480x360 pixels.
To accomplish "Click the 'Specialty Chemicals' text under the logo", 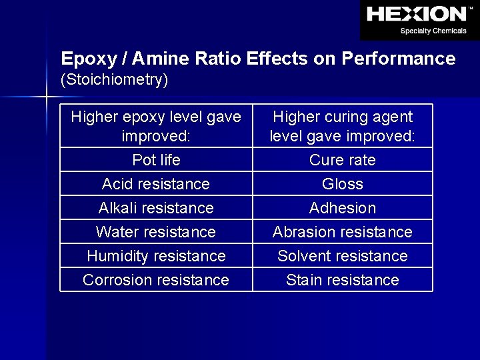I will (x=433, y=31).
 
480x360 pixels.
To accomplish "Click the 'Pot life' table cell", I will (x=156, y=160).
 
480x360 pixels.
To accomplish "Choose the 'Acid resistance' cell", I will (x=156, y=184).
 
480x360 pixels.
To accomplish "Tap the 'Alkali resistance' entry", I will (x=156, y=208).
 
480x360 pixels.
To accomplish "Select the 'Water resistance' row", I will (x=156, y=232).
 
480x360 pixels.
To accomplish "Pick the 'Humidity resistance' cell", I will (x=156, y=256).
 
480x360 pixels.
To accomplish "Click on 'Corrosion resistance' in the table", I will (x=156, y=280).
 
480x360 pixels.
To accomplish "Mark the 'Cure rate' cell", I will (x=343, y=160).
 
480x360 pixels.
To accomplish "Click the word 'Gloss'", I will (x=343, y=184).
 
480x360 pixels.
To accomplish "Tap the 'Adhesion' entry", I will (x=343, y=208).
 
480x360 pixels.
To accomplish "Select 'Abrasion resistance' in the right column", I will (x=343, y=232).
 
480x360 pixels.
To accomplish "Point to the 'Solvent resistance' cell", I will (x=343, y=256).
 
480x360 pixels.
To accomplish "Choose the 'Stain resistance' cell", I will (x=343, y=280).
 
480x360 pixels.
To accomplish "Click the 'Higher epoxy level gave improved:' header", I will (x=156, y=127).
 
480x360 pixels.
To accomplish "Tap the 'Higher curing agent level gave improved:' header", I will (x=343, y=127).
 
